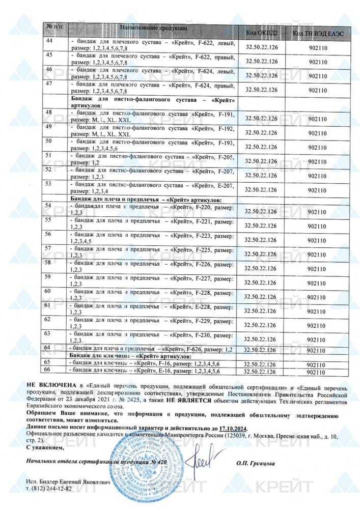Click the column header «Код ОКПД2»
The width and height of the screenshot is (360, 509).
[261, 33]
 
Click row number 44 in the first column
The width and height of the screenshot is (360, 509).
[49, 41]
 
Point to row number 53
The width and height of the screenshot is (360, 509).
[49, 183]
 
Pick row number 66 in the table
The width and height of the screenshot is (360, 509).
[48, 370]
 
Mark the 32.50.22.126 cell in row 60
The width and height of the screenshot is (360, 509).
[261, 297]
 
